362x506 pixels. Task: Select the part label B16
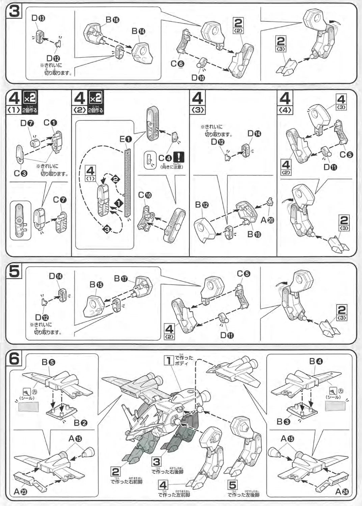pos(112,20)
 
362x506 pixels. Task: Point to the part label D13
pos(38,18)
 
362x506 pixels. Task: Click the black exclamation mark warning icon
pos(178,157)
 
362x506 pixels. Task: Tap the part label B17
pos(120,279)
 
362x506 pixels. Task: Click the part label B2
pos(81,422)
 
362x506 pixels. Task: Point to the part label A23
pos(20,491)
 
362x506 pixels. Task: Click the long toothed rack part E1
pos(127,182)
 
